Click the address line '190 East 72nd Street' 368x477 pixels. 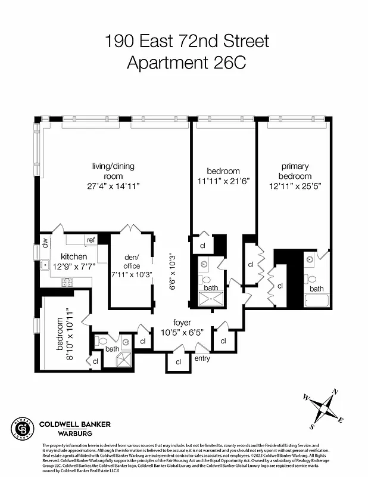click(x=186, y=41)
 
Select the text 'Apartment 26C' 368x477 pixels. click(x=186, y=62)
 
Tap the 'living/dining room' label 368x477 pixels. click(x=107, y=171)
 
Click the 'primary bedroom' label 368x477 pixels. click(x=295, y=171)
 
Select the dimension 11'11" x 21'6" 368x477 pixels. click(x=223, y=182)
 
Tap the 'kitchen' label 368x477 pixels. click(x=73, y=256)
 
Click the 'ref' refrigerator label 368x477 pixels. click(x=91, y=240)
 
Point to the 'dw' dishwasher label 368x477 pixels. click(x=45, y=242)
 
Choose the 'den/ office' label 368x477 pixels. click(x=132, y=261)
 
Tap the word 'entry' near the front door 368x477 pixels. click(x=202, y=358)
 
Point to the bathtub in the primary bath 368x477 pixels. click(x=316, y=300)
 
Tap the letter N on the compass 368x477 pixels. click(x=335, y=392)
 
